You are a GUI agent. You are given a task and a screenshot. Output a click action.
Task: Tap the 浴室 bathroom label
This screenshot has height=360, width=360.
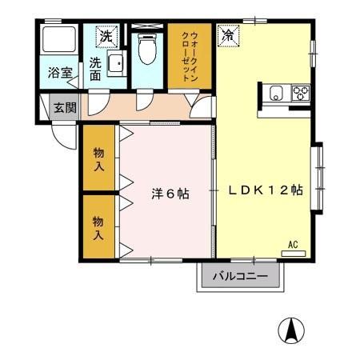point(60,73)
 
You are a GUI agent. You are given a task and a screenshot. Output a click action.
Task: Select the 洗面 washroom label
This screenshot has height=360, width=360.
point(96,69)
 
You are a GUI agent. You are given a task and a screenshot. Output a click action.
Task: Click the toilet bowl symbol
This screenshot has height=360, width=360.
point(146,50)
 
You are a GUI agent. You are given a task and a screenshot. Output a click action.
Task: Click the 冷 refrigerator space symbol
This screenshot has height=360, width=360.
point(228,36)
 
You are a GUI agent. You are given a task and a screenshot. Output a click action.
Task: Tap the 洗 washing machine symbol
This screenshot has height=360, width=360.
point(106,36)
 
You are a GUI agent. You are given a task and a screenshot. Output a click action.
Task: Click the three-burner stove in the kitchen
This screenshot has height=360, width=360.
point(301,92)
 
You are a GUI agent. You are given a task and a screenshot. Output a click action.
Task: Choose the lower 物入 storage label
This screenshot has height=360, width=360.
point(98,228)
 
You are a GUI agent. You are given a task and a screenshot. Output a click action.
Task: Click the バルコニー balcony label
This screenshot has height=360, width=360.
point(240,278)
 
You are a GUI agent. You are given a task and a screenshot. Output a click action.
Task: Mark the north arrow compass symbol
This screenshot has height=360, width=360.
point(292,329)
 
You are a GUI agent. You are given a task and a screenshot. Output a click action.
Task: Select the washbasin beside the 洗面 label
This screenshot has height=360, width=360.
point(115,64)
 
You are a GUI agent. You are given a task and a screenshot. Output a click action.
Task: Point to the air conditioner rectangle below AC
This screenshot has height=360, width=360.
point(294,252)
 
